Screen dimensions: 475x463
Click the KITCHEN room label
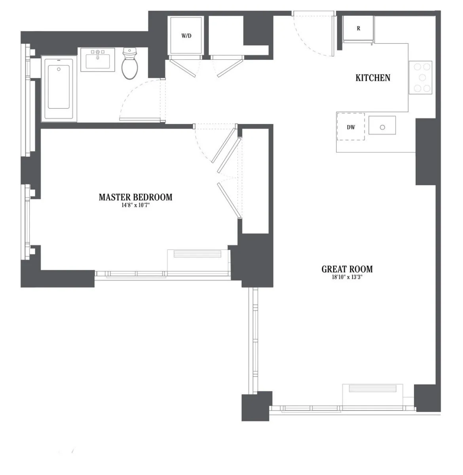pyautogui.click(x=373, y=78)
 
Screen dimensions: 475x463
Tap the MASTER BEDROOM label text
pyautogui.click(x=135, y=197)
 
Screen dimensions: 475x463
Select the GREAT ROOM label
pyautogui.click(x=347, y=269)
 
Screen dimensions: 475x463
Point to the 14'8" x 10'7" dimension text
pyautogui.click(x=135, y=205)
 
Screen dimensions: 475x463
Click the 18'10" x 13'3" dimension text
pyautogui.click(x=347, y=277)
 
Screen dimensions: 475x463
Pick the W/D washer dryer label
pyautogui.click(x=186, y=36)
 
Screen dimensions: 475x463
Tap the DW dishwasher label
pyautogui.click(x=351, y=127)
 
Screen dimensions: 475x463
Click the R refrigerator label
pyautogui.click(x=359, y=28)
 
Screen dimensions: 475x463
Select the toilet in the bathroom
pyautogui.click(x=129, y=64)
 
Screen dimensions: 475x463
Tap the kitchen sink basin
pyautogui.click(x=382, y=126)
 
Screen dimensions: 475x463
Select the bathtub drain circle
pyautogui.click(x=59, y=69)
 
